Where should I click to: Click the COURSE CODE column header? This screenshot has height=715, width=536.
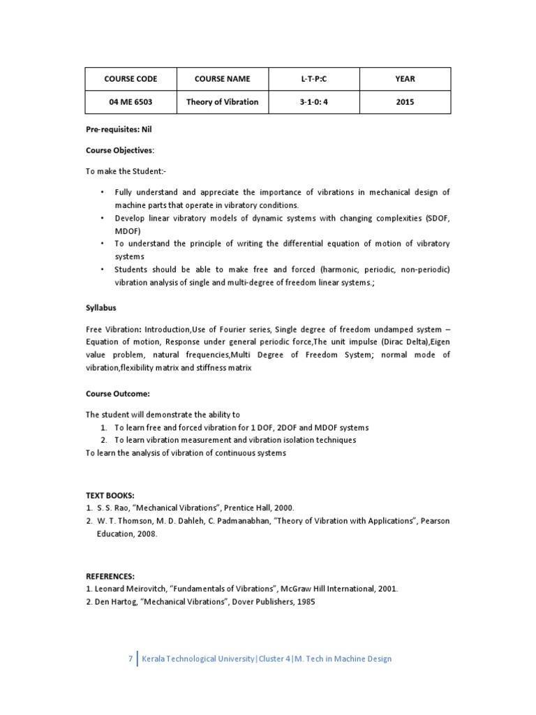pyautogui.click(x=130, y=80)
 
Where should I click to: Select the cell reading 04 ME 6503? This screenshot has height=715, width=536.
pyautogui.click(x=130, y=102)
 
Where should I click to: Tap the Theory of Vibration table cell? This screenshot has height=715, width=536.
pyautogui.click(x=222, y=102)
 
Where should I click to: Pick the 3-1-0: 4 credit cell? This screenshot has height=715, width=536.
pyautogui.click(x=313, y=102)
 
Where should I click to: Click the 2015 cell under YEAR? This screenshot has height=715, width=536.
pyautogui.click(x=405, y=102)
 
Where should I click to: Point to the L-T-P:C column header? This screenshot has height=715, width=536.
pyautogui.click(x=313, y=80)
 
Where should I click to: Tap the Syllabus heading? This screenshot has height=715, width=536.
pyautogui.click(x=101, y=307)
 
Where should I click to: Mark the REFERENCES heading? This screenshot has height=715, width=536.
pyautogui.click(x=110, y=576)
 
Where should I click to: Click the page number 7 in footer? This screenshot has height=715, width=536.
pyautogui.click(x=130, y=658)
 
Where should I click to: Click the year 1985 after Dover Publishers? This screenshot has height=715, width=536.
pyautogui.click(x=306, y=602)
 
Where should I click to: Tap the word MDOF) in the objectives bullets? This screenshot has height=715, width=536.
pyautogui.click(x=127, y=230)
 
